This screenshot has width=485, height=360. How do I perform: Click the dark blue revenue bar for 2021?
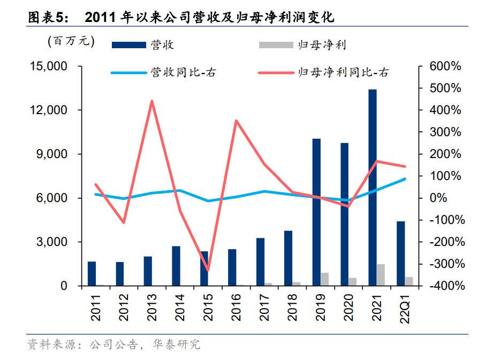373,187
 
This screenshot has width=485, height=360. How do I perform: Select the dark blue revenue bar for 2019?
316,212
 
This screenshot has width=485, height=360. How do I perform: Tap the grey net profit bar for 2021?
381,275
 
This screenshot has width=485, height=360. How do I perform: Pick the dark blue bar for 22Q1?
400,253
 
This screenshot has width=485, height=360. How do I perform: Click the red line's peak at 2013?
152,101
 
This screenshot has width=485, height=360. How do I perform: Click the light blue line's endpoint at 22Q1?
404,179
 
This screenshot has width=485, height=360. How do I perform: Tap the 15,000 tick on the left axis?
49,66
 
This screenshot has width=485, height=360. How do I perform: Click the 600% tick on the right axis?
445,66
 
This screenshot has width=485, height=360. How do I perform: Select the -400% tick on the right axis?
444,286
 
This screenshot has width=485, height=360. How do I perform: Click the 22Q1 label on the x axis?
405,307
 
